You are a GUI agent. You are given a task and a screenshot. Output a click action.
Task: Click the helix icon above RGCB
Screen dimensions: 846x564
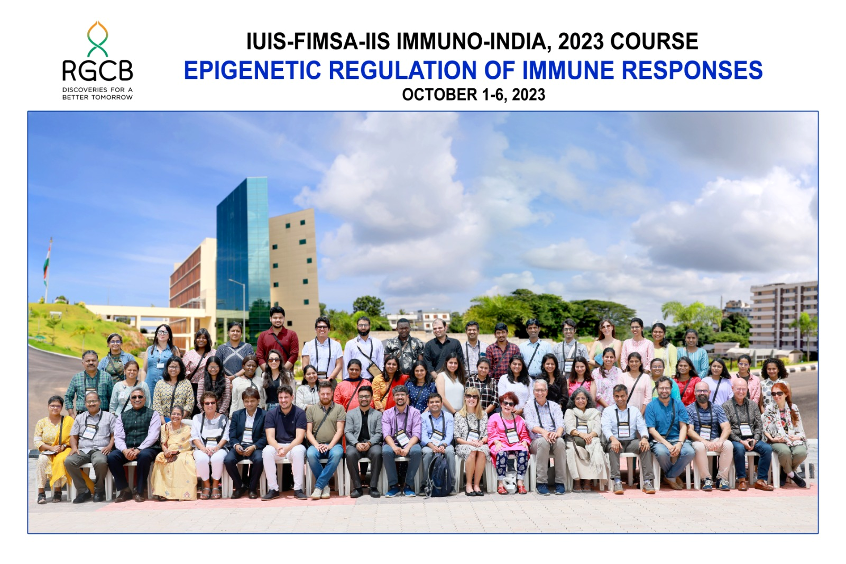97,39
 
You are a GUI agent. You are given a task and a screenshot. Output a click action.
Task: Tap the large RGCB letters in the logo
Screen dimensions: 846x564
97,71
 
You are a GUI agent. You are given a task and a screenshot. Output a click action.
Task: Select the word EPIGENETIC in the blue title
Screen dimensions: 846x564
252,70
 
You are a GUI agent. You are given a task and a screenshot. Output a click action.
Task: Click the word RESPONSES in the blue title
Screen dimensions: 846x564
692,70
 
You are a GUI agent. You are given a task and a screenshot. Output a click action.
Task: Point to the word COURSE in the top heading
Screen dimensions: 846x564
654,42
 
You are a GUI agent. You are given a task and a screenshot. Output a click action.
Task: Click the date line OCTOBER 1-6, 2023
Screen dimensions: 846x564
474,95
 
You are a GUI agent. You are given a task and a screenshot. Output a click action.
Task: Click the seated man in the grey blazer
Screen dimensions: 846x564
364,440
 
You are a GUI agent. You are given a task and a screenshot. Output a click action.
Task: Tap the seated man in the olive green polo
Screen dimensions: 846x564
325,439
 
